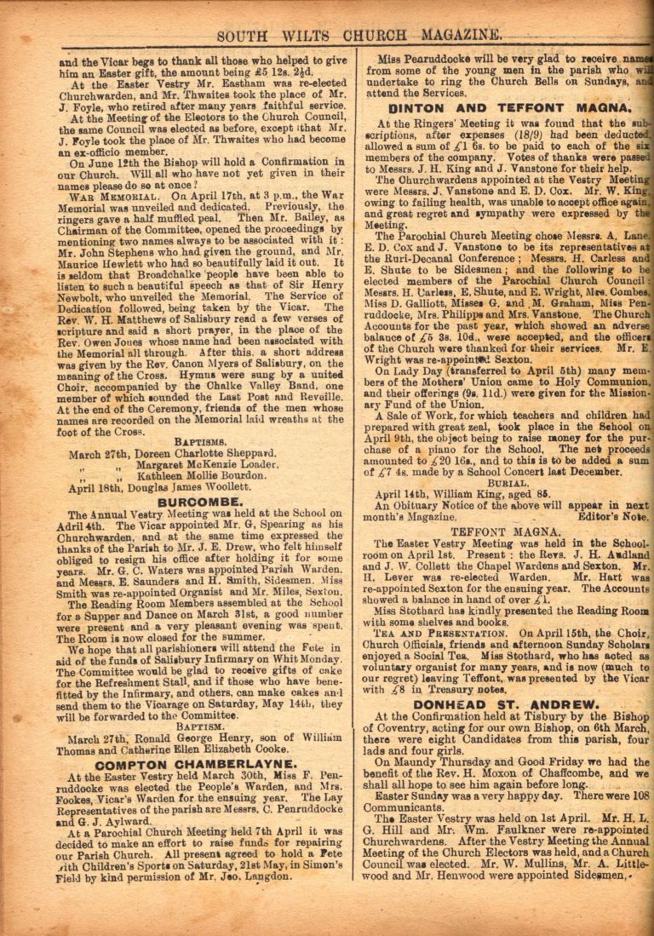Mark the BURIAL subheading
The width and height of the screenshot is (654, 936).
tap(508, 482)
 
